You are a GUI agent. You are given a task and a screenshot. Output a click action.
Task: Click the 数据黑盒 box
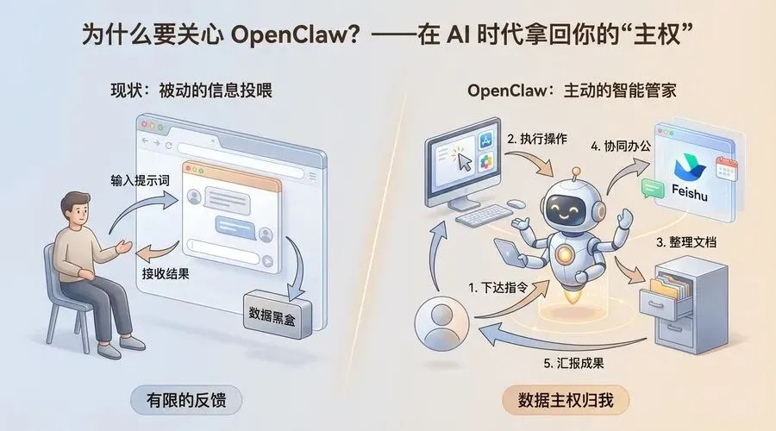pyautogui.click(x=277, y=313)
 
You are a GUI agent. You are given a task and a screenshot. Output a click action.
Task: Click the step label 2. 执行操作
pyautogui.click(x=536, y=138)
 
